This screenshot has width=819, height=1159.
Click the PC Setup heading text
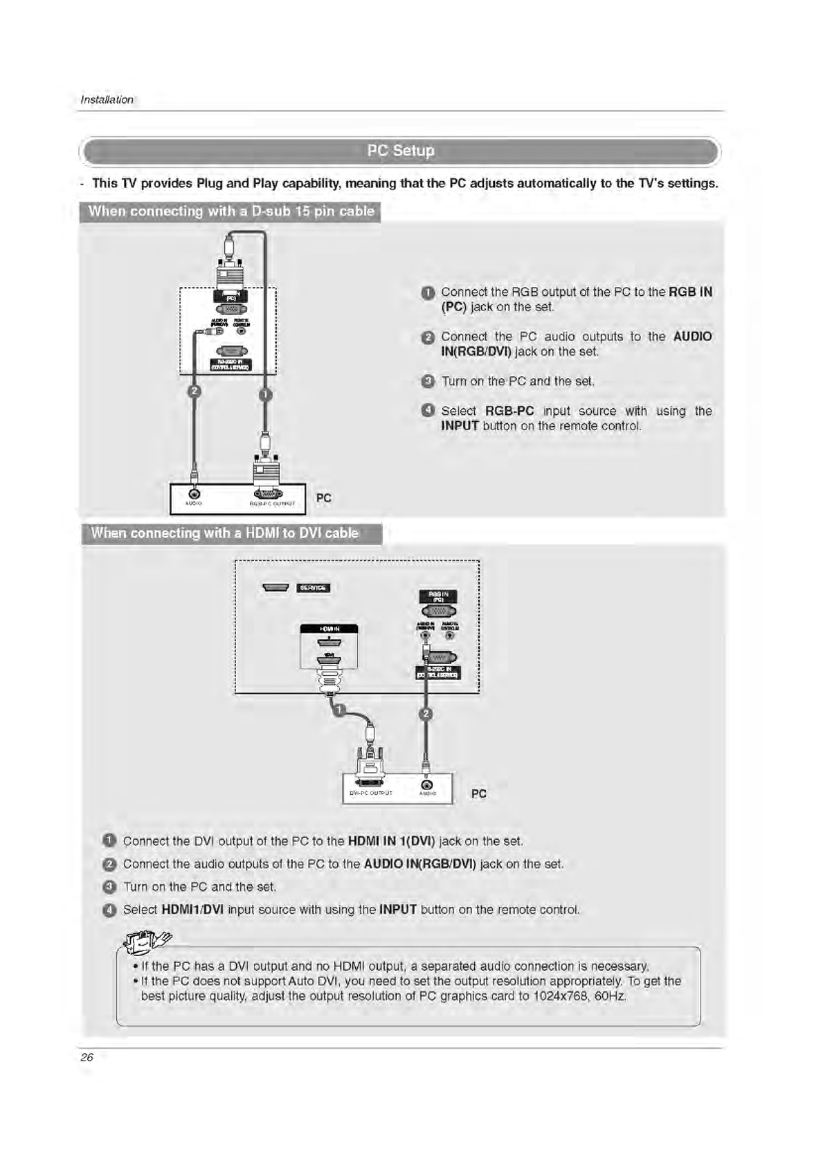coord(401,151)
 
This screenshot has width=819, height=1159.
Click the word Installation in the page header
coord(107,100)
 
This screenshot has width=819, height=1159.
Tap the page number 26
coord(87,1057)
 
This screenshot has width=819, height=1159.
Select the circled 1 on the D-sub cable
coord(265,394)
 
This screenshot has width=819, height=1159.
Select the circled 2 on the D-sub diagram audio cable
coord(194,392)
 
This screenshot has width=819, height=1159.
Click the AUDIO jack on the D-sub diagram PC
coord(195,493)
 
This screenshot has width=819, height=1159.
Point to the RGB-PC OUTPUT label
coord(272,504)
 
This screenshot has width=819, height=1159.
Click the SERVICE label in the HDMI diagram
coord(314,588)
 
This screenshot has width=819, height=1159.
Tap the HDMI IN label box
coord(329,628)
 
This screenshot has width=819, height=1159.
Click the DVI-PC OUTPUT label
coord(370,793)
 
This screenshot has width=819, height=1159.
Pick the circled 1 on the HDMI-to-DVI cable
coord(339,710)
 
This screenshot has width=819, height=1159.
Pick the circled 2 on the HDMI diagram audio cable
coord(426,714)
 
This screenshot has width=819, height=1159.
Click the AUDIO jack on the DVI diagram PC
coord(427,785)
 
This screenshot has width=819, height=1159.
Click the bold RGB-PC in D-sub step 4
coord(509,411)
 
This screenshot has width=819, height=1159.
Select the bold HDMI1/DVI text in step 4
coord(192,909)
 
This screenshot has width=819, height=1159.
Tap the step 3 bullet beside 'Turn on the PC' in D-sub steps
coord(427,381)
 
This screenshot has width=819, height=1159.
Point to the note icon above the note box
coord(147,941)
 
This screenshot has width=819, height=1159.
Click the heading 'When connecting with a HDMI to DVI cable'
coord(224,533)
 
